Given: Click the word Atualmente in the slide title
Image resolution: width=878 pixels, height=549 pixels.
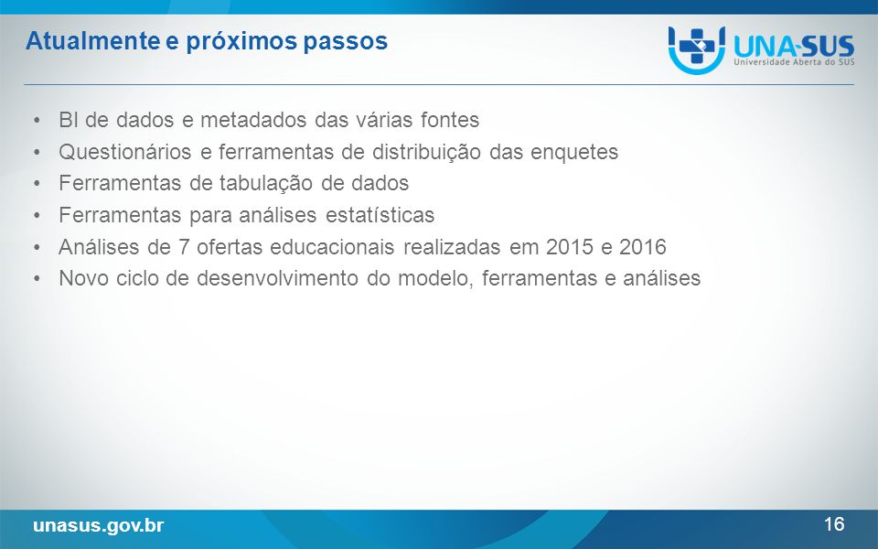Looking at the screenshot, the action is coord(92,41).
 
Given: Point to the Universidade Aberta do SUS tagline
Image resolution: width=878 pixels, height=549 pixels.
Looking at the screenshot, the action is coord(794,61).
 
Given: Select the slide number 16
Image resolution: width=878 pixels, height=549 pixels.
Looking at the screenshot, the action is coord(834,523).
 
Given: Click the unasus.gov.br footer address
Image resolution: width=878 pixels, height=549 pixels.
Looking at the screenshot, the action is coord(99,525).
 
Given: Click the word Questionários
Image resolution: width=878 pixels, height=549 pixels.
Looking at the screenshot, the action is coord(125,152).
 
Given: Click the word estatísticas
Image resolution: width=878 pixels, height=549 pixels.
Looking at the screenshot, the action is coord(380,215).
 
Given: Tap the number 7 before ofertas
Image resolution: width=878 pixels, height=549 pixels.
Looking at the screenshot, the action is coord(184,247).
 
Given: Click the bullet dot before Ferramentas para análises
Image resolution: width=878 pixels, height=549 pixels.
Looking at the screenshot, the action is coord(37,216).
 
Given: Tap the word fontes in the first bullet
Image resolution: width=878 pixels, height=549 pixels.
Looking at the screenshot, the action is coord(450,120).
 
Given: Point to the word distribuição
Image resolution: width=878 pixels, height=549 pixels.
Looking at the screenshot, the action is coord(426,153).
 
